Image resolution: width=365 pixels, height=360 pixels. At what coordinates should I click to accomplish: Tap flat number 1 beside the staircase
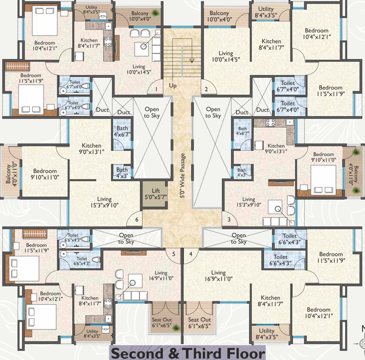(156, 89)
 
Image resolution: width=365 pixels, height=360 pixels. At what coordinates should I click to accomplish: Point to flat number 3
(229, 219)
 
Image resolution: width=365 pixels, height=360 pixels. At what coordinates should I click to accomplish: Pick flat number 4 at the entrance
(190, 254)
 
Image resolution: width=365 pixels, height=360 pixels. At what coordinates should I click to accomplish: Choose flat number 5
(174, 254)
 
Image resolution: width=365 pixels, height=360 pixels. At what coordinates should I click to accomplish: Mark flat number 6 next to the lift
(137, 219)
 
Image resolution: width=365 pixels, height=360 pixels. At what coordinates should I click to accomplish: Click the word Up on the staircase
(173, 86)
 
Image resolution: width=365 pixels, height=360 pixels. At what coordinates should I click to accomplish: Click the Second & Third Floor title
(188, 352)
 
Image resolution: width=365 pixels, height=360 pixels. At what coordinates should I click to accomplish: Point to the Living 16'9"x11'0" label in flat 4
(218, 276)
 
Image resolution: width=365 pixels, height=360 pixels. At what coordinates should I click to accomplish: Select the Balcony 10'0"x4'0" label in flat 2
(220, 16)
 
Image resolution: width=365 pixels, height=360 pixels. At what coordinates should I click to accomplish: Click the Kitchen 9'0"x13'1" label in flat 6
(91, 149)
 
